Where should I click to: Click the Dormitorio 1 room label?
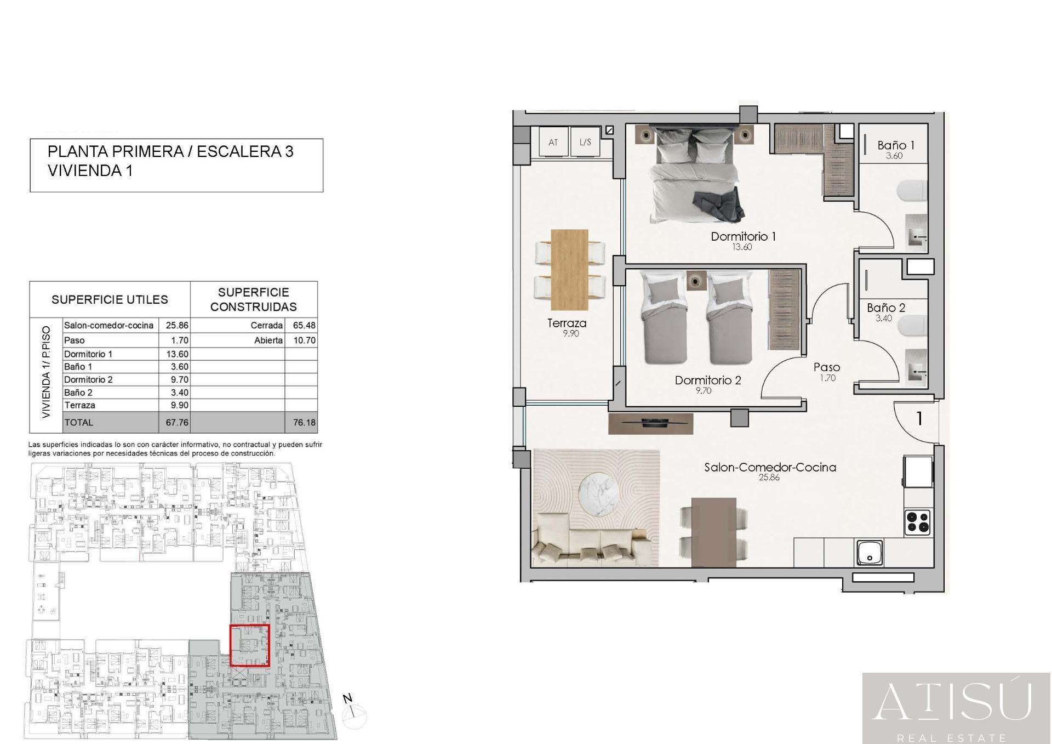743,237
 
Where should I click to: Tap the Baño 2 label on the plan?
886,308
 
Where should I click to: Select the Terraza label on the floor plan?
567,323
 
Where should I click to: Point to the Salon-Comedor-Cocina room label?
770,467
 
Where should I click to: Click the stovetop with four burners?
918,522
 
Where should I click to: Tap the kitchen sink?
870,553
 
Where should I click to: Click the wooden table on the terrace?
569,269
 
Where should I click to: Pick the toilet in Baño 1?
912,192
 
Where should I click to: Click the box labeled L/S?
585,142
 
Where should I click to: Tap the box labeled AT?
553,142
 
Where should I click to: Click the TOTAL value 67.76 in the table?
177,423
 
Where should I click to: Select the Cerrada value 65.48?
304,326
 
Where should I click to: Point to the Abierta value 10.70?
304,340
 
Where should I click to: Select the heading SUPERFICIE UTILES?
110,300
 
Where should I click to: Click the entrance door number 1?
919,419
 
